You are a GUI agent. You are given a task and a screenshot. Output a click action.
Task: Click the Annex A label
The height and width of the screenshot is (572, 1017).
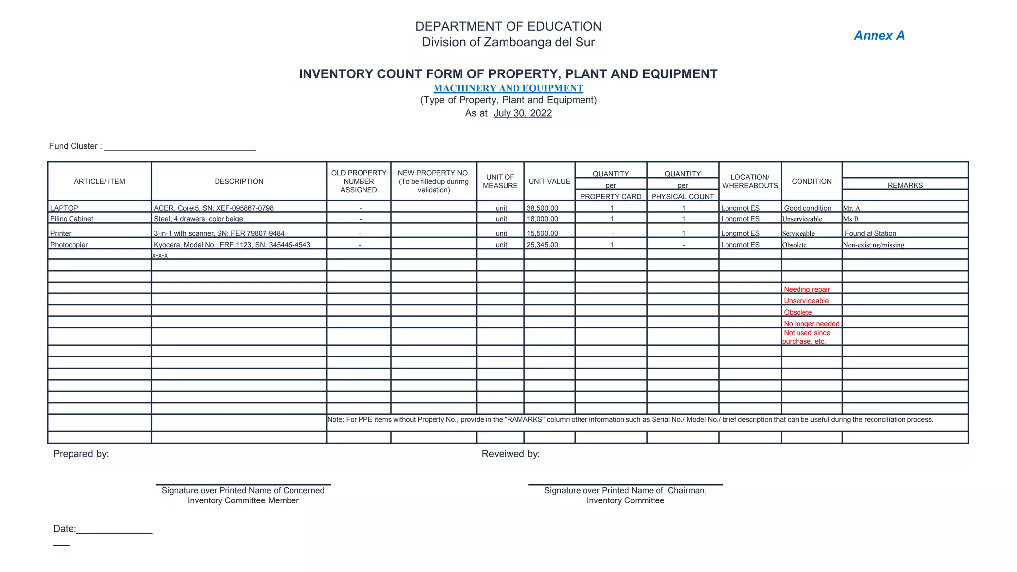[x=879, y=36]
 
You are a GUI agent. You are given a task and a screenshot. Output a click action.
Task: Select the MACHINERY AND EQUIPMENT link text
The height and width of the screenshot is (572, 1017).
[x=508, y=88]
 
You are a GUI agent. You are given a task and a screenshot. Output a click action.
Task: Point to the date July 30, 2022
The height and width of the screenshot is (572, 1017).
[x=522, y=113]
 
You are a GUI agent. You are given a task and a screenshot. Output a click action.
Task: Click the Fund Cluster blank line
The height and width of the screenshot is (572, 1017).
[x=180, y=147]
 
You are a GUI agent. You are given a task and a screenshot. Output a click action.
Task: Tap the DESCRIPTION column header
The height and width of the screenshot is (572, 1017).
[x=239, y=182]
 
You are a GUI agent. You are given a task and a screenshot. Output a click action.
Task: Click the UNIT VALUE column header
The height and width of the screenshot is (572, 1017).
[x=549, y=182]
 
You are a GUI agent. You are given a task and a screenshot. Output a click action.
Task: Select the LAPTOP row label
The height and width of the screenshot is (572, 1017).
[x=64, y=208]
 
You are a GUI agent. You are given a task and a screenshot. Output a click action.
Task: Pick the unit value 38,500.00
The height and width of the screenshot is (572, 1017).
[x=542, y=208]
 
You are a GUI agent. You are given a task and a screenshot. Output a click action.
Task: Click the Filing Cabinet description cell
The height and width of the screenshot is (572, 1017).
[x=199, y=219]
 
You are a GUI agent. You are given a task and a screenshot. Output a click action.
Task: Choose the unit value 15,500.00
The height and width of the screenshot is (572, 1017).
[x=542, y=233]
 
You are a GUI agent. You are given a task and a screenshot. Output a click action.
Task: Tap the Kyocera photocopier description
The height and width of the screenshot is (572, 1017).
[x=232, y=245]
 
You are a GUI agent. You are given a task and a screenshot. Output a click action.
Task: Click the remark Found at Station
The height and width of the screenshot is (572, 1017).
[x=870, y=233]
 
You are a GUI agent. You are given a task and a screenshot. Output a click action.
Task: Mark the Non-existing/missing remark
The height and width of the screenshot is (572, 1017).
[x=873, y=245]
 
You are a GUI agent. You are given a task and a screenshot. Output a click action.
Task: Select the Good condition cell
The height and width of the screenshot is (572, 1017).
[x=807, y=208]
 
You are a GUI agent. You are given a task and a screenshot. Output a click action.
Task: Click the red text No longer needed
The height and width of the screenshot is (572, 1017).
[x=811, y=324]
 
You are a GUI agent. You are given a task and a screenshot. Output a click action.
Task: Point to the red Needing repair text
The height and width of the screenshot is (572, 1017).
[x=806, y=289]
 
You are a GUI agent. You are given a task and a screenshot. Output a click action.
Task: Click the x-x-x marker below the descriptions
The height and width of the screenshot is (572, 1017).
[x=160, y=255]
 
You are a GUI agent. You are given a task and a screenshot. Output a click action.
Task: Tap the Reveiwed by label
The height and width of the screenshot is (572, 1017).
[x=510, y=454]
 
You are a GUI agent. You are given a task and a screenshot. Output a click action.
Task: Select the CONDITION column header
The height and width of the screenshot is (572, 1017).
[x=811, y=182]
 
